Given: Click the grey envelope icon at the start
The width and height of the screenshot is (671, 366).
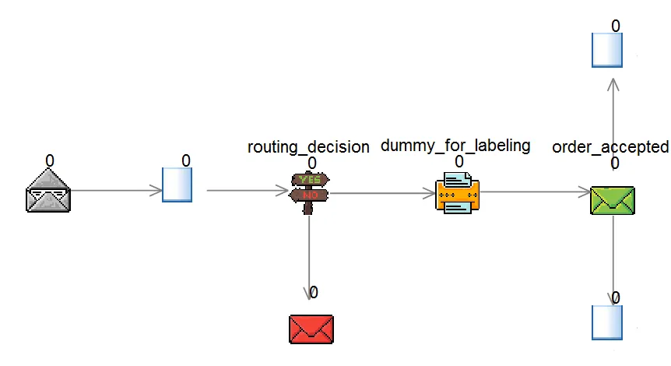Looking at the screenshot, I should [x=47, y=191].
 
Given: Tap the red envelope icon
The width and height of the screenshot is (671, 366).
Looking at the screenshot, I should [x=311, y=329].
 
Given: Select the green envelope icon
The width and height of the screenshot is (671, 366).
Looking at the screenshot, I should [x=613, y=200].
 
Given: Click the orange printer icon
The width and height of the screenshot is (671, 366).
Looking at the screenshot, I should [x=457, y=192].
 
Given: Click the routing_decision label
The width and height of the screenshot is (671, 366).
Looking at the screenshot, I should [x=308, y=147].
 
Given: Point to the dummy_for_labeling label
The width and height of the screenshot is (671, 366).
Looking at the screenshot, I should [x=455, y=145].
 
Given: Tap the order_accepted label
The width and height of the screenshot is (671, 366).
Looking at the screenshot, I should [x=610, y=146].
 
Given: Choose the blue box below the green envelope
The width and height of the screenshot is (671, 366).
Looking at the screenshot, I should [x=607, y=322].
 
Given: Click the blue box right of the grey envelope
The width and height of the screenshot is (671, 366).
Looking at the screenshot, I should [x=177, y=185].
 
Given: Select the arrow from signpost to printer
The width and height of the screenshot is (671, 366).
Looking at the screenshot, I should [x=381, y=192].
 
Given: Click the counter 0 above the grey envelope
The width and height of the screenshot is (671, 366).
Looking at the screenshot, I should [x=50, y=160].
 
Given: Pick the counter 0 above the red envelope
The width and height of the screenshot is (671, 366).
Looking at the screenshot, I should [x=314, y=293].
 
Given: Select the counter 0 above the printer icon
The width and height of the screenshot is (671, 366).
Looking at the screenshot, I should [x=459, y=162].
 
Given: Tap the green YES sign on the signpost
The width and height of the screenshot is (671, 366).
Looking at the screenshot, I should [x=310, y=180].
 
